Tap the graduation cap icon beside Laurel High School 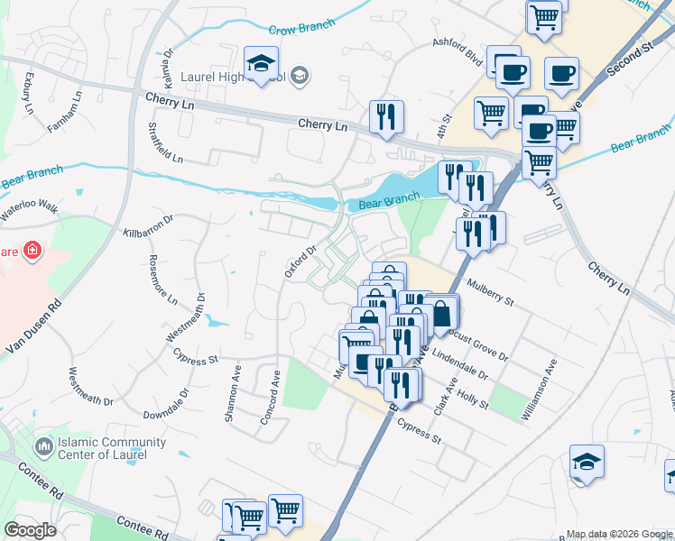[x=262, y=64]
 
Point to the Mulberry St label [x=490, y=291]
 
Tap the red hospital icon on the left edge [x=32, y=249]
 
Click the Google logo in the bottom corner [x=30, y=530]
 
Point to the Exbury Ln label [x=28, y=91]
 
